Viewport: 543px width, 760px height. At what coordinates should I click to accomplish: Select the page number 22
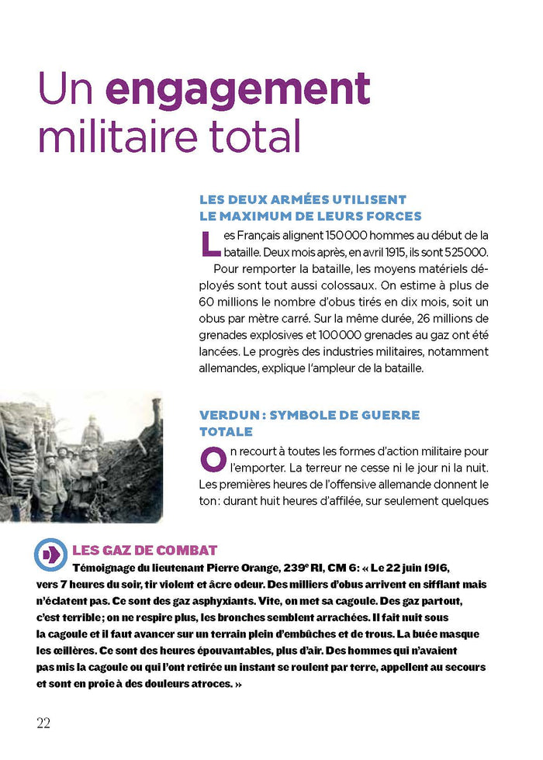[x=43, y=722]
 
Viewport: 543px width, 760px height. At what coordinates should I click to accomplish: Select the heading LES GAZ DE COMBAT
[x=144, y=551]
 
